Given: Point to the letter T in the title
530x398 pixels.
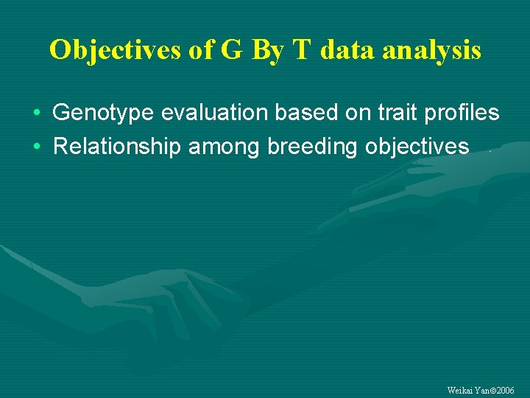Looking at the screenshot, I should point(302,49).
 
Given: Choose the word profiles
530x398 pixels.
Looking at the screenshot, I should point(460,113).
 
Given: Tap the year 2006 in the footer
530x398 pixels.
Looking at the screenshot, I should point(504,390).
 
